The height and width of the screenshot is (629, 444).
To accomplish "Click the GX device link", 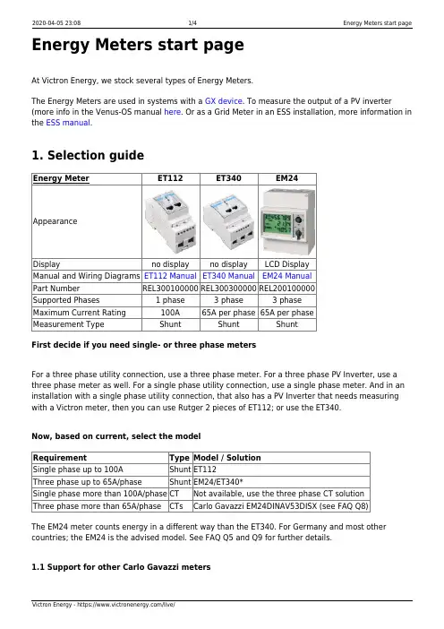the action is pyautogui.click(x=224, y=101).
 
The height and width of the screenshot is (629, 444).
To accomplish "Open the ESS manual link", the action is pyautogui.click(x=68, y=123).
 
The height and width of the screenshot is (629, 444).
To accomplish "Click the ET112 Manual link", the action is pyautogui.click(x=170, y=276).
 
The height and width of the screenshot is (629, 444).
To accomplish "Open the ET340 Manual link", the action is pyautogui.click(x=228, y=276).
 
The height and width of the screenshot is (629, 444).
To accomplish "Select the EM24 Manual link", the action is pyautogui.click(x=287, y=276).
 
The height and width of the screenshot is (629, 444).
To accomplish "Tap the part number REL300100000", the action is pyautogui.click(x=170, y=289).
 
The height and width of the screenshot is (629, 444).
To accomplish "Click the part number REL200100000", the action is pyautogui.click(x=287, y=289).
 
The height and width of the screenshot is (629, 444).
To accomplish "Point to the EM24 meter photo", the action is pyautogui.click(x=287, y=221).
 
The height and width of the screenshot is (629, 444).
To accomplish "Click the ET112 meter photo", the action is pyautogui.click(x=170, y=222).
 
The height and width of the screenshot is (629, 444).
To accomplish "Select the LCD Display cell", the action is pyautogui.click(x=287, y=264).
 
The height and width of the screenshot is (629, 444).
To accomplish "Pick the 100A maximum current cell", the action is pyautogui.click(x=170, y=313).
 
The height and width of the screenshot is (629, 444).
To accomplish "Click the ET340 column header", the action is pyautogui.click(x=228, y=178).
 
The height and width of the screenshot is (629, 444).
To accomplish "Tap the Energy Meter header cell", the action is pyautogui.click(x=61, y=178).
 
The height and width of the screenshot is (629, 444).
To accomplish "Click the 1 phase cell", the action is pyautogui.click(x=170, y=300).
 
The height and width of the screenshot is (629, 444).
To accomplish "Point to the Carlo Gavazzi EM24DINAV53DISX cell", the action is pyautogui.click(x=280, y=506).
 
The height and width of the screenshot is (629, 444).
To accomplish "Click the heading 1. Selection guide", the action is pyautogui.click(x=88, y=155).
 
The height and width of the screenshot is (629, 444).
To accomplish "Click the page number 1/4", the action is pyautogui.click(x=192, y=23).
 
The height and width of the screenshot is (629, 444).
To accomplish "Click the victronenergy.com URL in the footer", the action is pyautogui.click(x=126, y=605).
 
